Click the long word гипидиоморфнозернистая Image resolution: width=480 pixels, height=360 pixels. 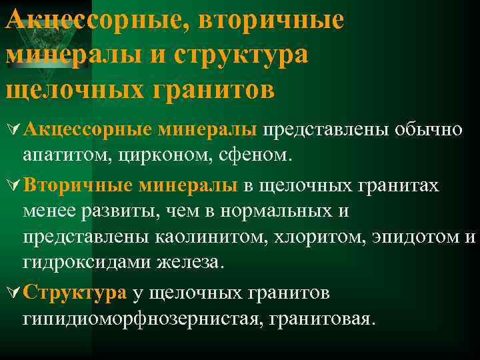(143, 319)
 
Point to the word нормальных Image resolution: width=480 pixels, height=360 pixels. (267, 211)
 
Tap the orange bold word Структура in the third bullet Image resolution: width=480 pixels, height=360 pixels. (74, 292)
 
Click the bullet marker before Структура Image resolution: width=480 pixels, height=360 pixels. (12, 293)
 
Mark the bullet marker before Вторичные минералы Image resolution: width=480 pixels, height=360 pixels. (12, 185)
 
